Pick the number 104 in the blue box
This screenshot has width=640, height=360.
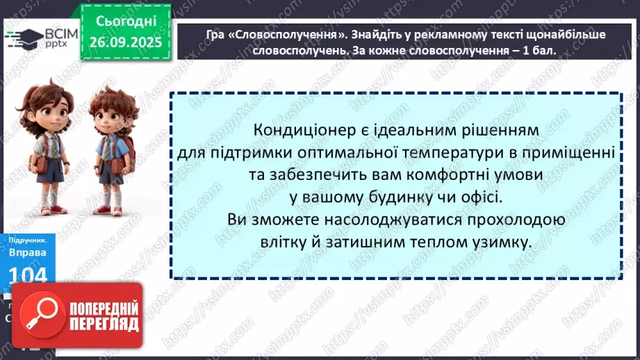tap(28, 277)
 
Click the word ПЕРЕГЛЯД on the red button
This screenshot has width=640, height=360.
tap(102, 324)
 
